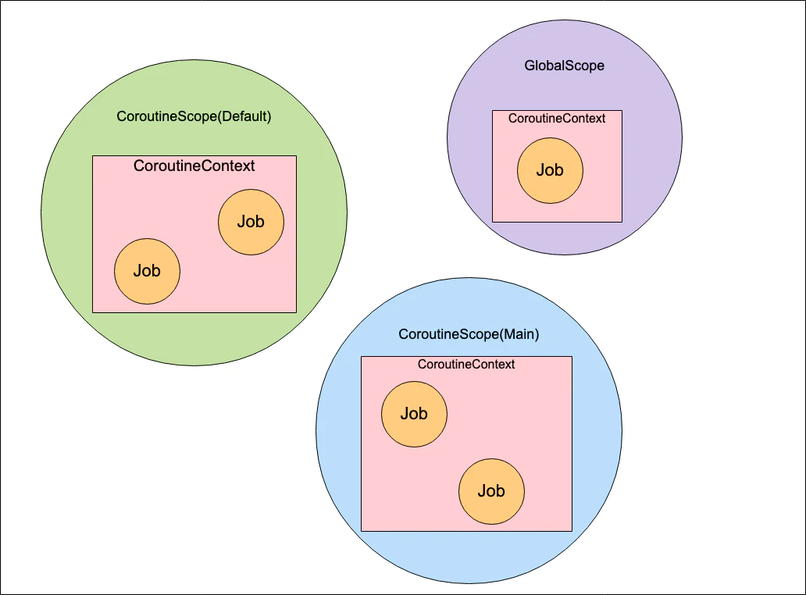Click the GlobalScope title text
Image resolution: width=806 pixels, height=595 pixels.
pyautogui.click(x=564, y=66)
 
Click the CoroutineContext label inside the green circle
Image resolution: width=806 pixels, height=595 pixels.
pyautogui.click(x=194, y=166)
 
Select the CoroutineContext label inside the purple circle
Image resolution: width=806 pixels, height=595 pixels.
pyautogui.click(x=557, y=119)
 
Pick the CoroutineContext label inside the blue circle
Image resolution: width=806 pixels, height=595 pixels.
pyautogui.click(x=466, y=365)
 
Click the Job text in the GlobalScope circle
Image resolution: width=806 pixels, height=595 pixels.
pyautogui.click(x=550, y=170)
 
